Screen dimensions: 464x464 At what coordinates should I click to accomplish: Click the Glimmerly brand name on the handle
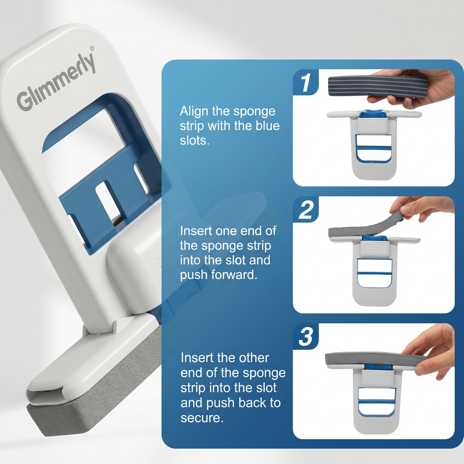tap(56, 82)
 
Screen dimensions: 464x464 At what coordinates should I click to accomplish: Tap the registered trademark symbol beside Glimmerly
tap(92, 48)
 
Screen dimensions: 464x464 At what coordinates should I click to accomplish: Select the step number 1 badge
tap(305, 82)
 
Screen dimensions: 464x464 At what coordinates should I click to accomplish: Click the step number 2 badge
tap(305, 209)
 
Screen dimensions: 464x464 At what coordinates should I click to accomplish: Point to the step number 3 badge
tap(305, 337)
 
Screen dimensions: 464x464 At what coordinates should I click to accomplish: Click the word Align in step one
tap(194, 111)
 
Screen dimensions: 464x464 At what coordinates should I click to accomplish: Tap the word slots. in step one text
tap(194, 140)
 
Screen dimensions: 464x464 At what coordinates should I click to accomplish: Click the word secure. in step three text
tap(202, 418)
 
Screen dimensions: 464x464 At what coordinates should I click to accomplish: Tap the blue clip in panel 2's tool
tap(374, 238)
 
